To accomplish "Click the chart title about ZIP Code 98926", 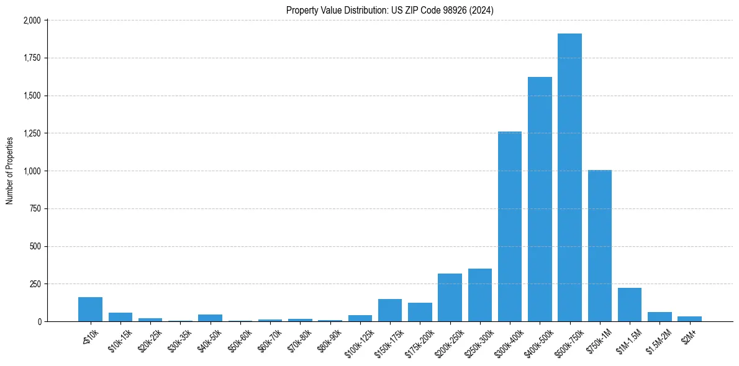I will point(390,10).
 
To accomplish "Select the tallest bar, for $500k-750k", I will point(569,177).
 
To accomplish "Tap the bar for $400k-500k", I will point(540,199).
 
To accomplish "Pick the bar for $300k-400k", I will point(510,226).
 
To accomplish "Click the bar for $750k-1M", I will point(599,246).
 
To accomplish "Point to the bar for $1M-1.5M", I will point(630,305).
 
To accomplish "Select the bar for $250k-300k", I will point(480,295).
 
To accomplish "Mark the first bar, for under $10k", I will point(90,310).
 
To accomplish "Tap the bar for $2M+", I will point(689,319).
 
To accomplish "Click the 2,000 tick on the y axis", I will point(31,20).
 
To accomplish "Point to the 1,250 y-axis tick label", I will point(31,133).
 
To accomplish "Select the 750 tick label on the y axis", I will point(35,209).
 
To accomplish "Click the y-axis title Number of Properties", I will point(10,171).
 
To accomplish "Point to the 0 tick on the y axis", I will point(39,322).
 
